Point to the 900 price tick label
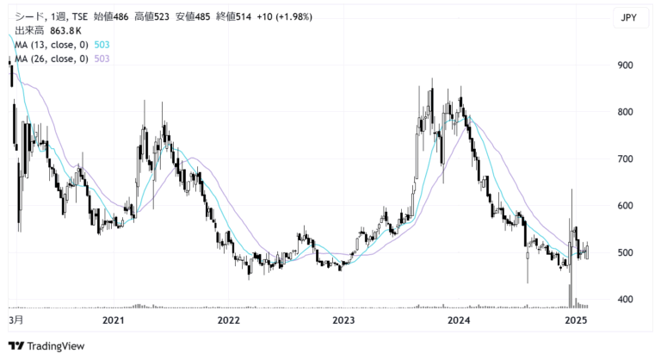[625, 65]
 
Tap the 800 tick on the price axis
[625, 112]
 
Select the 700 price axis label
[625, 159]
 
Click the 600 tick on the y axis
[625, 206]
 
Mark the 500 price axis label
[625, 253]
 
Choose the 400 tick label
[625, 300]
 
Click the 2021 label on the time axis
[114, 320]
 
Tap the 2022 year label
[228, 320]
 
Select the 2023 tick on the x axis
[343, 320]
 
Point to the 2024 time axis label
[459, 320]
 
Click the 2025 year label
[576, 320]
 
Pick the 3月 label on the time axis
[16, 320]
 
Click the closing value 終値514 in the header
[233, 17]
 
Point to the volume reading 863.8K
[65, 31]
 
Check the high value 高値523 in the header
[151, 17]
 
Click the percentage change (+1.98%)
[294, 17]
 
